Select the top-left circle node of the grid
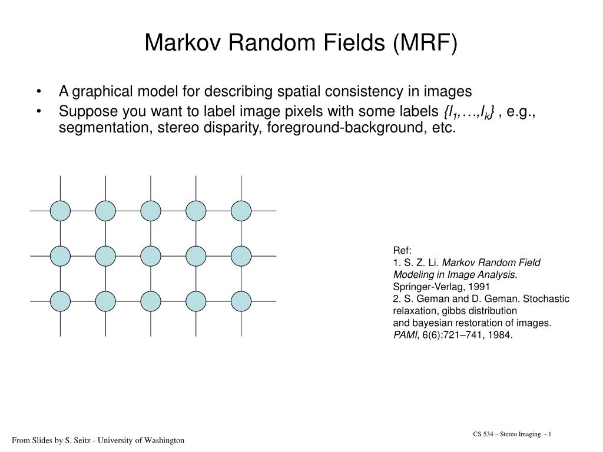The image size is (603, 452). (60, 210)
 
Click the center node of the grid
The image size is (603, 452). (151, 255)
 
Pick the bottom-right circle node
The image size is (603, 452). (241, 301)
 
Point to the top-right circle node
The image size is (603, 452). (241, 210)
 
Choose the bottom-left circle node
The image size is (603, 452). (60, 301)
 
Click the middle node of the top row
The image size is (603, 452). (151, 210)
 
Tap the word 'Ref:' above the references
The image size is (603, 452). (402, 250)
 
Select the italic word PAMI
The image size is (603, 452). (404, 335)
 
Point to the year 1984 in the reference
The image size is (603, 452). (502, 335)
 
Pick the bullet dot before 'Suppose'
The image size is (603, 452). (39, 110)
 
